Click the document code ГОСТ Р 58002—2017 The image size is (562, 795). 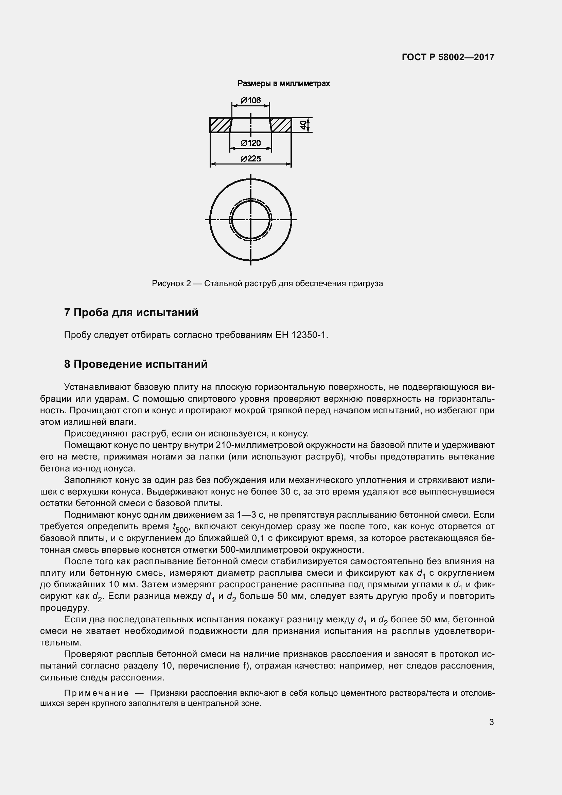pyautogui.click(x=448, y=57)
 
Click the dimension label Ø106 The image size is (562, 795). pyautogui.click(x=250, y=100)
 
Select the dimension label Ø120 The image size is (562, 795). pyautogui.click(x=250, y=143)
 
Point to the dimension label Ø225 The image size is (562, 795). pyautogui.click(x=250, y=159)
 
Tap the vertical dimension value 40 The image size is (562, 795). pyautogui.click(x=303, y=125)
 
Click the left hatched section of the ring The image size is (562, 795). pyautogui.click(x=221, y=125)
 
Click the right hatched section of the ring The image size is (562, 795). pyautogui.click(x=280, y=125)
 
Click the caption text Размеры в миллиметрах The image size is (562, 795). pyautogui.click(x=283, y=84)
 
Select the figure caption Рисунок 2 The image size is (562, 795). pyautogui.click(x=171, y=283)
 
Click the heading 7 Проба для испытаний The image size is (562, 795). pyautogui.click(x=131, y=312)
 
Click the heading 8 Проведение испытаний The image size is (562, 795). pyautogui.click(x=136, y=364)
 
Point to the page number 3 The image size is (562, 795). pyautogui.click(x=491, y=722)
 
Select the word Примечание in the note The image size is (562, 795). pyautogui.click(x=96, y=693)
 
